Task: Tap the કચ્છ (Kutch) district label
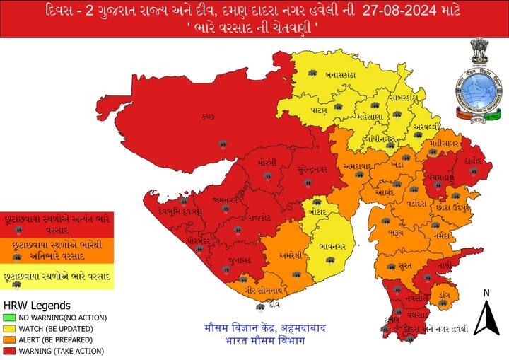207,115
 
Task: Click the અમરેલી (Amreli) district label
291,255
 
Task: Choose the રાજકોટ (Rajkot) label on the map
259,218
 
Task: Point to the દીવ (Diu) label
270,306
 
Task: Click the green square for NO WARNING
8,318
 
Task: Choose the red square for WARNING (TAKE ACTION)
8,350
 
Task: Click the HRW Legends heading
37,306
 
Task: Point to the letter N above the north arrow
486,293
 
